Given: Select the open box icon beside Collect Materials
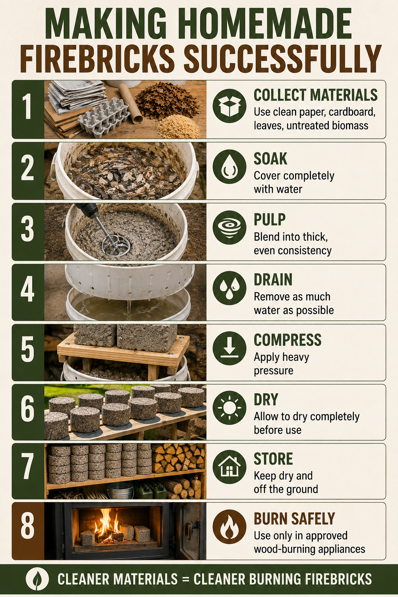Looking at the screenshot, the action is pos(229,106).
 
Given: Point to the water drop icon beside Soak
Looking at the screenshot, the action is pos(229,167).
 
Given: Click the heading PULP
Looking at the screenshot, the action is pos(269,220).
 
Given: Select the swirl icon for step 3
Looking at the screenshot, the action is pos(229,227).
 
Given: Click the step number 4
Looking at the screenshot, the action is pos(28,289).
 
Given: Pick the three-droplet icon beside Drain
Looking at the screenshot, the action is pos(229,288).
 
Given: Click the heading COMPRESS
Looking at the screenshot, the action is pos(287,340).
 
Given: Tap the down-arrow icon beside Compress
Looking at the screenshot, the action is pos(229,348).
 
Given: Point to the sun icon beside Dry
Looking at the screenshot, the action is pos(229,408).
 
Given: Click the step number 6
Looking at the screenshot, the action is pos(28,409).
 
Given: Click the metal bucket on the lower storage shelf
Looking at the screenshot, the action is pos(120,491).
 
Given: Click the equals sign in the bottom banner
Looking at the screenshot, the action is pos(185,579).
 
